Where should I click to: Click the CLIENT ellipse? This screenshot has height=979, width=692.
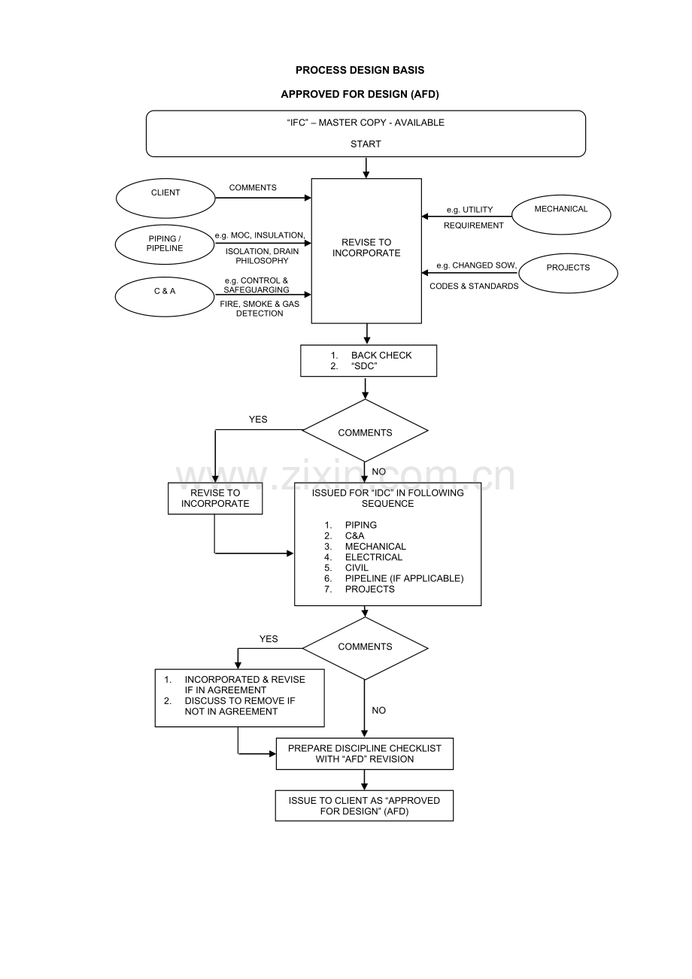click(x=165, y=198)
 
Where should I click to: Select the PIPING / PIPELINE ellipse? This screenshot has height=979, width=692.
click(x=165, y=244)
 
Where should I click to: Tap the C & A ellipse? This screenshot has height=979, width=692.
click(x=165, y=297)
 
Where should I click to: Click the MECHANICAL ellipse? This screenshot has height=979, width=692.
click(x=561, y=214)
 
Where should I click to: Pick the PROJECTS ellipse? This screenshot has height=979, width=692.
click(x=568, y=273)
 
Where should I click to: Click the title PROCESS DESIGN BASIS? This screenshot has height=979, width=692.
click(x=360, y=70)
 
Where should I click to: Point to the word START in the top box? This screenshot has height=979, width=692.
click(x=366, y=144)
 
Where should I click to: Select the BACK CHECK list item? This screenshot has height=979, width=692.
click(x=381, y=355)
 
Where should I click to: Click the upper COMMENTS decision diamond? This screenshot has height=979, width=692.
click(x=365, y=432)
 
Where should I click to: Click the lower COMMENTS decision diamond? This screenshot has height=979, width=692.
click(x=365, y=647)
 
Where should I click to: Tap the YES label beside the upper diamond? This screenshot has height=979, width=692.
click(x=258, y=420)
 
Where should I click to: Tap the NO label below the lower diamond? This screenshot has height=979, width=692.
click(x=378, y=710)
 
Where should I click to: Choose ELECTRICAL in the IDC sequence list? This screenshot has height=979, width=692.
click(x=374, y=557)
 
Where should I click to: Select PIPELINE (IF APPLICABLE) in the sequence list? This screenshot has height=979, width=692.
click(x=404, y=578)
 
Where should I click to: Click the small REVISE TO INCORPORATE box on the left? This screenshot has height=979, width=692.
click(x=215, y=499)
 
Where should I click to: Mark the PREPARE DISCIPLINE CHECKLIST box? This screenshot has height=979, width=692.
click(x=365, y=753)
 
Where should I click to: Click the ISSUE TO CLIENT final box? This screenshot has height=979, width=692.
click(x=364, y=805)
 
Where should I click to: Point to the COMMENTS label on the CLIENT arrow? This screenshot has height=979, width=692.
click(x=253, y=187)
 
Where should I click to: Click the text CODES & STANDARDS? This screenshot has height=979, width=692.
click(x=474, y=286)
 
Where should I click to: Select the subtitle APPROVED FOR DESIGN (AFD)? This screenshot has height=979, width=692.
click(x=360, y=94)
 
